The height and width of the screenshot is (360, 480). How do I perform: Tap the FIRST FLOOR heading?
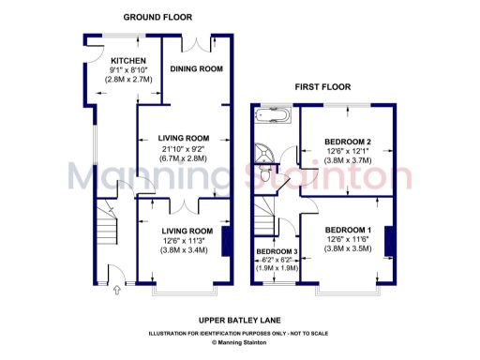click(321, 86)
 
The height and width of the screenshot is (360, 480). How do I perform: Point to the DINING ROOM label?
click(196, 68)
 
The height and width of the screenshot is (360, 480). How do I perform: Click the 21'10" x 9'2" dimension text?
click(183, 149)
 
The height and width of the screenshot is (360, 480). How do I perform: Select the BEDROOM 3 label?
click(278, 250)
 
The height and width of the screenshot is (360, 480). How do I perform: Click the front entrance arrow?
click(116, 291)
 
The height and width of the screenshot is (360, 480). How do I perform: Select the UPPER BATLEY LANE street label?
click(240, 320)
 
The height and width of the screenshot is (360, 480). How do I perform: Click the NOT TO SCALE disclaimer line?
click(240, 334)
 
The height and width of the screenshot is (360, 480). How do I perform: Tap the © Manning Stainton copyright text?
click(240, 343)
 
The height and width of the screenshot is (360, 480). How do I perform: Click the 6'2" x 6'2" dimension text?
click(278, 261)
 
